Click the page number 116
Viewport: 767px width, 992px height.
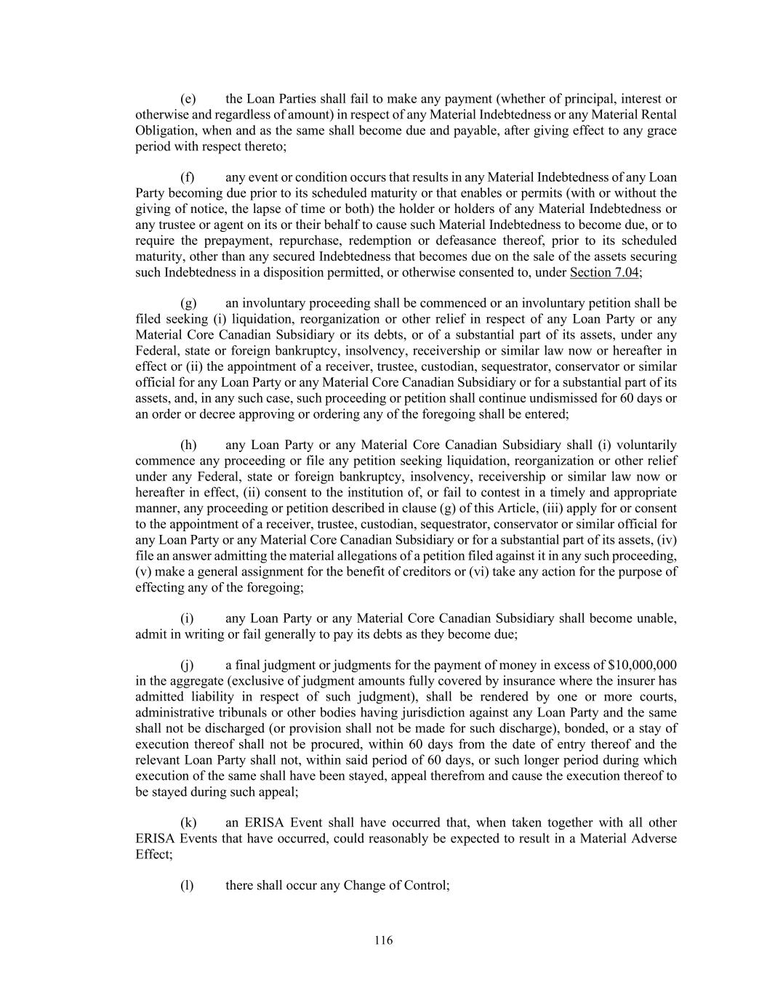tap(383, 940)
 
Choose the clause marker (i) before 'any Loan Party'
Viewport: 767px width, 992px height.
tap(187, 618)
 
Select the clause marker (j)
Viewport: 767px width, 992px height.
tap(187, 665)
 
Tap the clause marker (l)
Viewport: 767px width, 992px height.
tap(187, 885)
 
